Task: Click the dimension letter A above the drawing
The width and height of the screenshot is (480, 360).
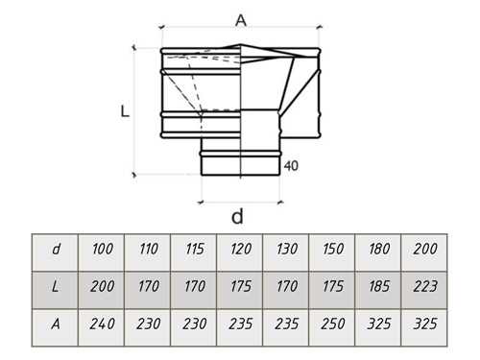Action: pos(241,21)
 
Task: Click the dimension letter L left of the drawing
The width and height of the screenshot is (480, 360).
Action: pos(125,111)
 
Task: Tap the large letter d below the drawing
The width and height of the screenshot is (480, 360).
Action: pos(237,216)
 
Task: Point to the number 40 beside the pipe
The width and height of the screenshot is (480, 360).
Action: pos(291,166)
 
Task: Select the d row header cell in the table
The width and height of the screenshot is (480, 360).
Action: pos(55,252)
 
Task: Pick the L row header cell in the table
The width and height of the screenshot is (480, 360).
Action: pos(55,290)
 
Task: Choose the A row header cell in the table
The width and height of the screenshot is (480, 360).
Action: pos(55,327)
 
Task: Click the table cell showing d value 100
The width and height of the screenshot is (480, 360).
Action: pos(102,252)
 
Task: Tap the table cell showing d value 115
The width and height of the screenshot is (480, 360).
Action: pos(194,252)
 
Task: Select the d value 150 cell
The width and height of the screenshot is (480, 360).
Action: pos(332,252)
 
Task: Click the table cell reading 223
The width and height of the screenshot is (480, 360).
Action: pos(424,290)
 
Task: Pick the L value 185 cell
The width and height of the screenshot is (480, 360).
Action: pos(378,290)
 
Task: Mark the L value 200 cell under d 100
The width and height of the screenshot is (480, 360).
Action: pos(102,290)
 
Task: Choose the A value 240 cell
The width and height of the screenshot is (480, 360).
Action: pos(102,327)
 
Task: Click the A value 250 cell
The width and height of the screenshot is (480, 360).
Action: pos(332,327)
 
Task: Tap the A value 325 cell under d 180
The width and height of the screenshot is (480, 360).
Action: pos(378,327)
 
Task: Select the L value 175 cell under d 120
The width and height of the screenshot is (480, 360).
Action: pos(240,290)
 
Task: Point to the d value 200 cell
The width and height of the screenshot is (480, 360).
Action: pos(424,252)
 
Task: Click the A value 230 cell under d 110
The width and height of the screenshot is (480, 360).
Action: pos(148,327)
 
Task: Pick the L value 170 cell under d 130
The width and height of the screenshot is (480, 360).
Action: pos(286,290)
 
